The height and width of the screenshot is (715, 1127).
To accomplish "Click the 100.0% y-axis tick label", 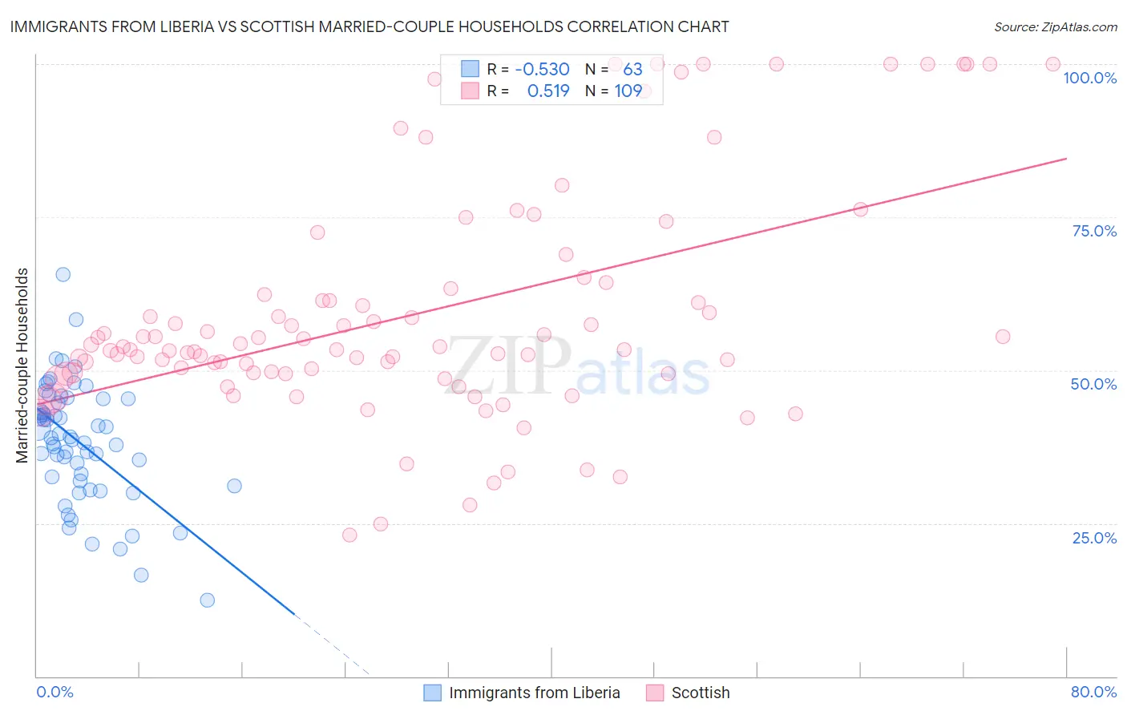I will coord(1089,78).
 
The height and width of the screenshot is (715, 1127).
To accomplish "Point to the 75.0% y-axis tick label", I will coord(1094,231).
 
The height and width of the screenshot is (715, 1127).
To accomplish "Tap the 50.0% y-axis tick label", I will coord(1093,384).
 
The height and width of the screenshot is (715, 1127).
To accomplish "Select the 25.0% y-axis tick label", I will coord(1094,538).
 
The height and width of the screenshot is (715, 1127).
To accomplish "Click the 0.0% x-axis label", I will coord(55,692).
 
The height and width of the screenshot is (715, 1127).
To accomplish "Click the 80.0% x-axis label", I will coord(1093,692).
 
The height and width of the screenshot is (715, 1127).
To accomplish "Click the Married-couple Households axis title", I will coord(22,365).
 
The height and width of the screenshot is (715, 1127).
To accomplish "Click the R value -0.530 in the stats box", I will coord(542,69).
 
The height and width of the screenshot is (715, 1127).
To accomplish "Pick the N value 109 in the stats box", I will coord(628,91).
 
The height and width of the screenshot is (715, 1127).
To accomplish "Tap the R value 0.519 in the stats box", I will coord(548,91).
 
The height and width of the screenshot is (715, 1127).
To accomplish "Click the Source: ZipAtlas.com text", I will coord(1055,27).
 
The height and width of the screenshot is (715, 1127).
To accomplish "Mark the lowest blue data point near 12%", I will coord(208,600).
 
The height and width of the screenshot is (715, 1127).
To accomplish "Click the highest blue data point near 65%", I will coord(63,274).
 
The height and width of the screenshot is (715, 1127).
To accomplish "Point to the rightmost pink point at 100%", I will coord(1053,64).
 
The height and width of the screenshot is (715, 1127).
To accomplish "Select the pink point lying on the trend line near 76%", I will coord(861,209).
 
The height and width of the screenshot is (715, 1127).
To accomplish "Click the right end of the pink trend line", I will coord(1066,159).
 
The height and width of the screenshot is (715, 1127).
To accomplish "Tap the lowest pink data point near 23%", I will coord(349,535).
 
